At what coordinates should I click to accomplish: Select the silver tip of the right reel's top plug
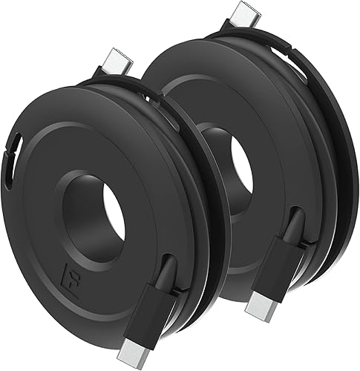(x=243, y=13)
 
